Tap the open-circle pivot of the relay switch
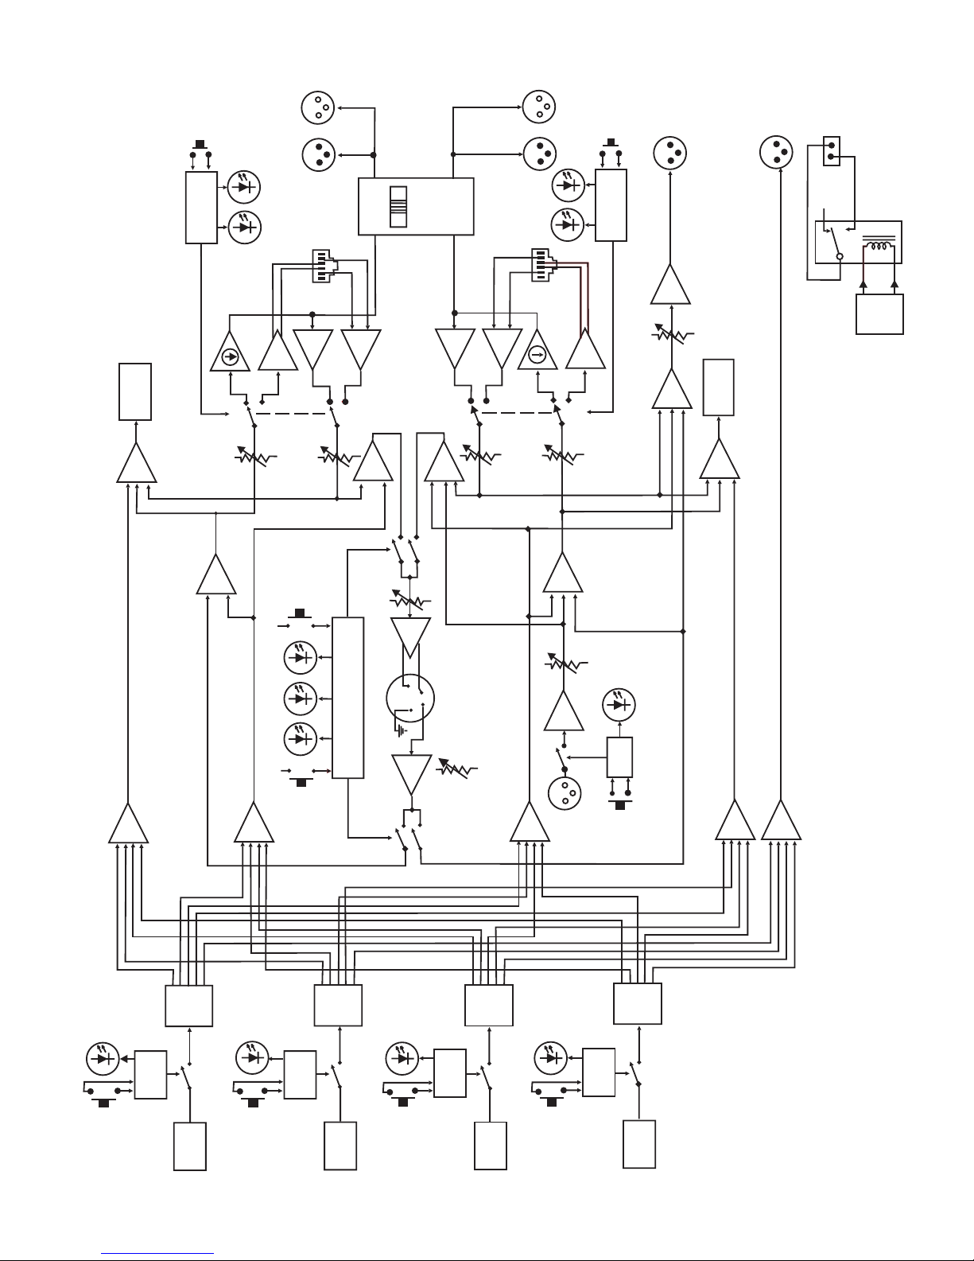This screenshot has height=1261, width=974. tap(839, 256)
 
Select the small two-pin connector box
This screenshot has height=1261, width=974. tap(831, 150)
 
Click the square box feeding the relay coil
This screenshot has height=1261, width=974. tap(879, 314)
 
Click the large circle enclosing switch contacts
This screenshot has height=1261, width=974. tap(410, 697)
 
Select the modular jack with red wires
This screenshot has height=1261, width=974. tap(544, 266)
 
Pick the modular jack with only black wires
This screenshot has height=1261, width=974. tap(322, 266)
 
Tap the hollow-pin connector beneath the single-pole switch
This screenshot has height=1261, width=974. tap(565, 792)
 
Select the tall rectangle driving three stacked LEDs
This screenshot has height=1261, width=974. tap(347, 697)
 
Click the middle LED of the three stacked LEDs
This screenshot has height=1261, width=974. tap(301, 698)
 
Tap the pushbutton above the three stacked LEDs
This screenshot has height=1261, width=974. tap(300, 616)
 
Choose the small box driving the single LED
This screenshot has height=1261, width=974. tap(619, 757)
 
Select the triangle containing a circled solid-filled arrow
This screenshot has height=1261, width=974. tap(230, 352)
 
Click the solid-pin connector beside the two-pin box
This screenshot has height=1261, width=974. tap(776, 150)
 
